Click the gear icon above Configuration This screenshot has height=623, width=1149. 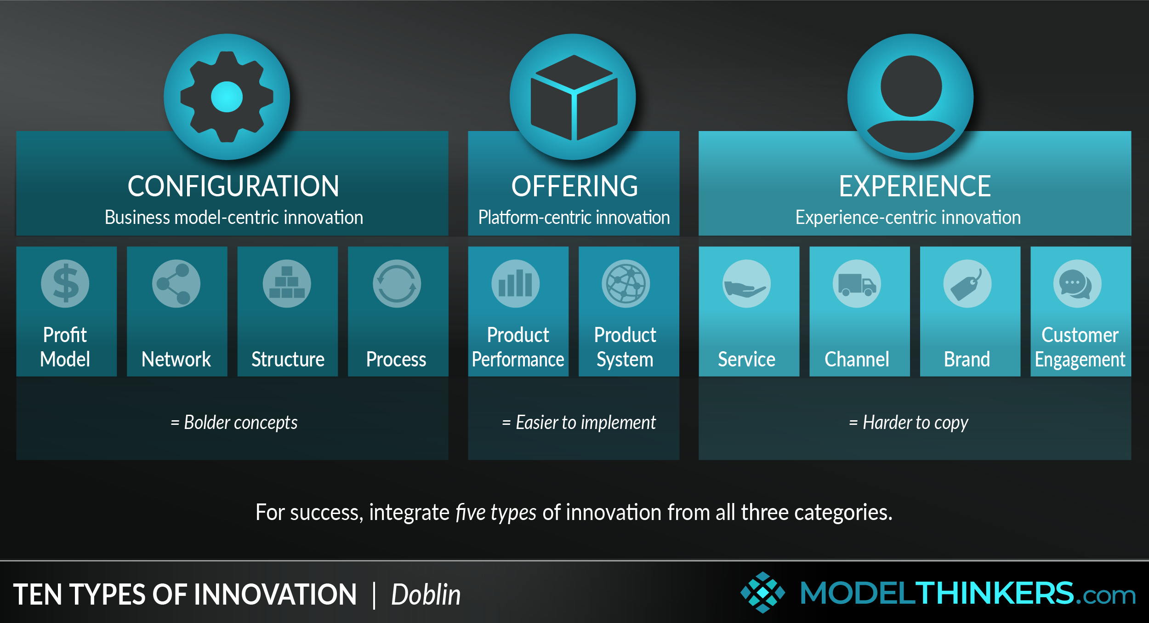point(227,97)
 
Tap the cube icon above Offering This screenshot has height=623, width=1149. point(573,97)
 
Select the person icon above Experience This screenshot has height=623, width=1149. point(910,97)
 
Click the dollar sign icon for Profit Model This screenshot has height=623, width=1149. point(65,284)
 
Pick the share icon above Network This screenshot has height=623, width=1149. point(176,284)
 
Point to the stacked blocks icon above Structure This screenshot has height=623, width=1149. point(287,284)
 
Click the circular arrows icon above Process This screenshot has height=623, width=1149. point(397,284)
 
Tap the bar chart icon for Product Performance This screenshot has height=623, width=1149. point(516,284)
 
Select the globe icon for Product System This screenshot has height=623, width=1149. point(626,284)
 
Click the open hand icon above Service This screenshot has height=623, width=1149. point(746,284)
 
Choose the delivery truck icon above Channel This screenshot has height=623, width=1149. point(857,284)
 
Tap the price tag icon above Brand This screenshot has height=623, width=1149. point(967,284)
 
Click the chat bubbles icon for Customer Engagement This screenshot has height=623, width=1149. point(1077,284)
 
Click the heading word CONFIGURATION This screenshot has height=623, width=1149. point(233,186)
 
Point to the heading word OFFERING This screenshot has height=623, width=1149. point(574,186)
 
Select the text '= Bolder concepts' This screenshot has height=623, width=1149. point(234,422)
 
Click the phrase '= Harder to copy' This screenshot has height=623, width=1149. point(909,422)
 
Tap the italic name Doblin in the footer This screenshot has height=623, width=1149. point(426,594)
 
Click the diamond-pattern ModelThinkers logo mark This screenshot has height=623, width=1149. point(763,593)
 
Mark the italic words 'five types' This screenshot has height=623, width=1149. point(496,512)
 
